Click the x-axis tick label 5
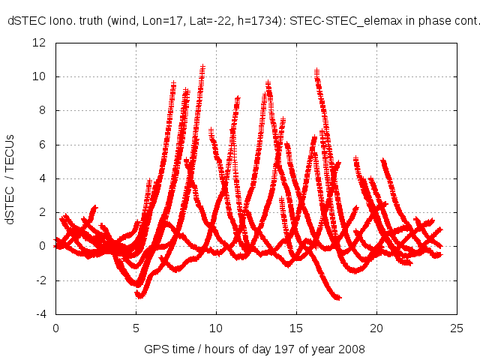pos(136,328)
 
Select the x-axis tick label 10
pos(216,328)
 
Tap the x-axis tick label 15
pos(296,328)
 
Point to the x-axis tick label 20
pos(376,328)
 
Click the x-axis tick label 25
pos(457,328)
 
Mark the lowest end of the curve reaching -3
pos(339,298)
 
